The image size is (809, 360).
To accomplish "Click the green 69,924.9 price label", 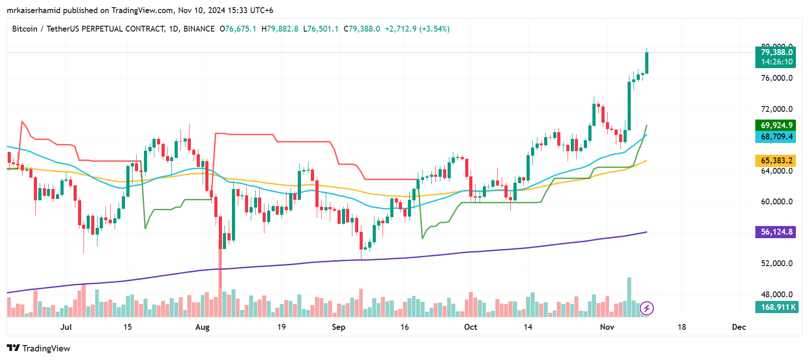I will pos(776,125).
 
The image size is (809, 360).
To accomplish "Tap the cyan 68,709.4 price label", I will pos(776,137).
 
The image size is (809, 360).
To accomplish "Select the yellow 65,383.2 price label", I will pos(776,161).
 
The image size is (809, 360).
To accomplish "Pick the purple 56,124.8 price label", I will pos(776,232).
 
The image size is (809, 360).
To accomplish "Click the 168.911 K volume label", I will pos(776,307).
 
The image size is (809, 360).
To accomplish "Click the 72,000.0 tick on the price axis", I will pos(777,109).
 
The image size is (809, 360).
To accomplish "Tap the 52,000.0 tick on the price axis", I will pos(777,263).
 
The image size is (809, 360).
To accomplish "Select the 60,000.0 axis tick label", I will pos(777,202).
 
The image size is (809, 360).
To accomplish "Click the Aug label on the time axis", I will pos(202,327).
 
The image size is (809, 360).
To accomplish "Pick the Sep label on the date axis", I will pos(338,327).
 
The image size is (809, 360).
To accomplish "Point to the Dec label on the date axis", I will pos(739,327).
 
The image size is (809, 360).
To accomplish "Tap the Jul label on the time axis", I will pos(66,327).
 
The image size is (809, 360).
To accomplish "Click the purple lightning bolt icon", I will pos(647,309).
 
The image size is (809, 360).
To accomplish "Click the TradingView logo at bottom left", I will pos(39,348).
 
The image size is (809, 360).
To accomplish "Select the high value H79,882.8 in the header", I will pos(280,29).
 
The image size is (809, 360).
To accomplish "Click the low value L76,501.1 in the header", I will pos(320,29).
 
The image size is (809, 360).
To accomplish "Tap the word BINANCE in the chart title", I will pos(199,29).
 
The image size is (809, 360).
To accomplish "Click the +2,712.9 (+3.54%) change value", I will pos(417,29).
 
